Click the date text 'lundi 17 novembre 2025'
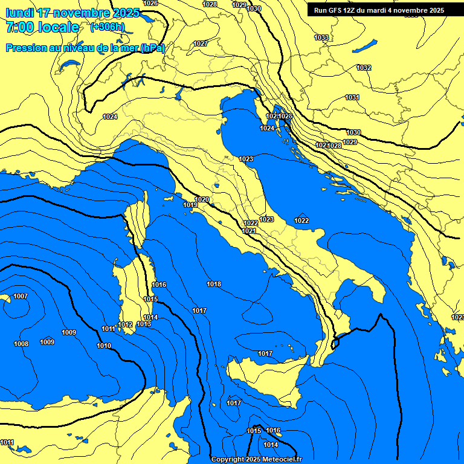coord(72,13)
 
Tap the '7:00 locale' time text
coord(42,27)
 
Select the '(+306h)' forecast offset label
coord(107,27)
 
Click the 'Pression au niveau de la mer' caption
coord(85,48)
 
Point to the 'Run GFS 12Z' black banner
coord(379,10)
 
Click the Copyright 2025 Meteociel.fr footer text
coord(256,459)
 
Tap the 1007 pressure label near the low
coord(21,296)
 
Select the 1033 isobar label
coord(321,37)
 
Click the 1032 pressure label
coord(364,68)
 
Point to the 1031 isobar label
coord(352,97)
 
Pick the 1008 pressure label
coord(21,344)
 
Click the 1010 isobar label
coord(104,346)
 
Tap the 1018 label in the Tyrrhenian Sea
coord(214,284)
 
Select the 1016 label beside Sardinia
coord(159,285)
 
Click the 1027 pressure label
coord(201,43)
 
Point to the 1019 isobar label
coord(190,205)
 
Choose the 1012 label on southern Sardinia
coord(125,324)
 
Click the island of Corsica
coord(138,221)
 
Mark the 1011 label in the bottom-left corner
coord(7,442)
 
